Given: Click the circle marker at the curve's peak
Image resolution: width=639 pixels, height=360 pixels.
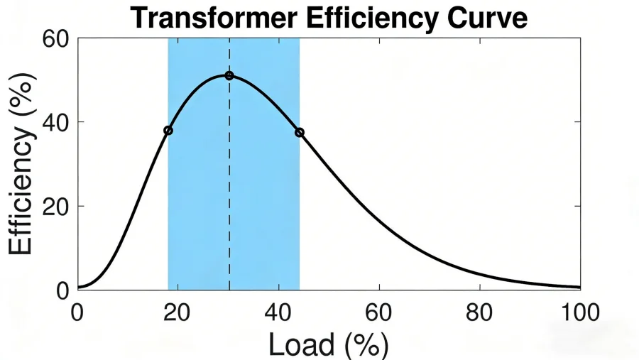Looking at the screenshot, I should point(229,75).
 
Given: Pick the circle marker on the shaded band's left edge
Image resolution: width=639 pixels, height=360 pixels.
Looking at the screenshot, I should point(168,131).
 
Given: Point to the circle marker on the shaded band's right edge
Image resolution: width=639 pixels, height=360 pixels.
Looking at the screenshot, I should point(300,132).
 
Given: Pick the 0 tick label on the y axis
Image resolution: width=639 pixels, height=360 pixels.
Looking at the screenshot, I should point(62,290).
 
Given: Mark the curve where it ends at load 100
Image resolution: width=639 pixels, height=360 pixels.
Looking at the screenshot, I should point(579,288).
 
